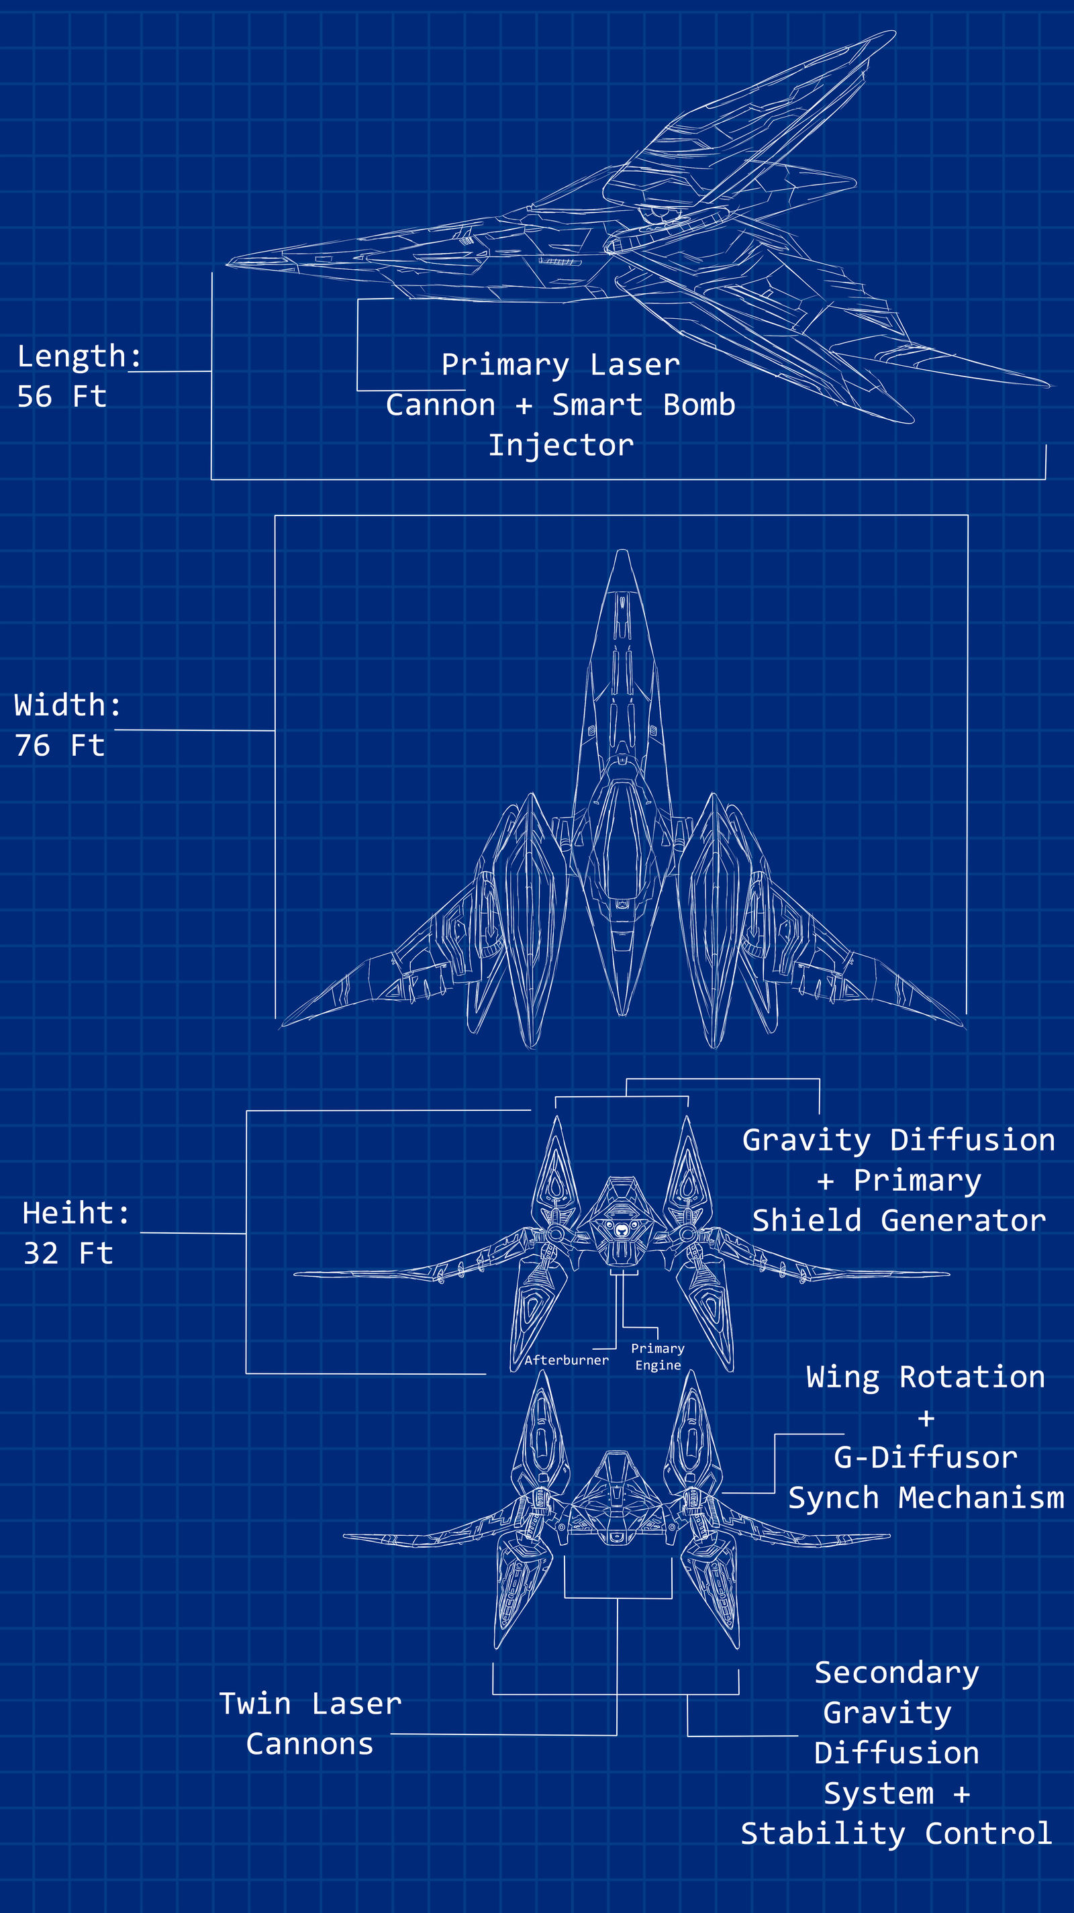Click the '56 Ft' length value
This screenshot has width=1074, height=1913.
62,397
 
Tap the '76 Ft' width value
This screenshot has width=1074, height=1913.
60,746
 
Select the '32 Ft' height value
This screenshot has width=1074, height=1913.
68,1254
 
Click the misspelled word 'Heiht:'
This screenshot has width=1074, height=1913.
76,1214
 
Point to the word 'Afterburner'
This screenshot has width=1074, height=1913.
566,1361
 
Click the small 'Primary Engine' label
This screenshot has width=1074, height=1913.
658,1357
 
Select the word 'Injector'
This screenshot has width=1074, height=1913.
560,446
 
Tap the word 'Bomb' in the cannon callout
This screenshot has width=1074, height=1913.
699,405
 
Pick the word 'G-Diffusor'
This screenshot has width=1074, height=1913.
926,1458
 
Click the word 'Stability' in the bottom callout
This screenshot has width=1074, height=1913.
823,1834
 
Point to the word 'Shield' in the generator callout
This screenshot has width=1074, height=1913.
807,1221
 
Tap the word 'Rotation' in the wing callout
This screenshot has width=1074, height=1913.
971,1377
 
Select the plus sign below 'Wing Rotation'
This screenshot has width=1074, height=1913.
926,1418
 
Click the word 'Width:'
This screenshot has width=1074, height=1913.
67,705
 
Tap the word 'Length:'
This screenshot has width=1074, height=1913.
79,356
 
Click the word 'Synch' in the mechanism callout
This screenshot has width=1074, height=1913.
833,1498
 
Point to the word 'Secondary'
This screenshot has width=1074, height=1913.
897,1673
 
